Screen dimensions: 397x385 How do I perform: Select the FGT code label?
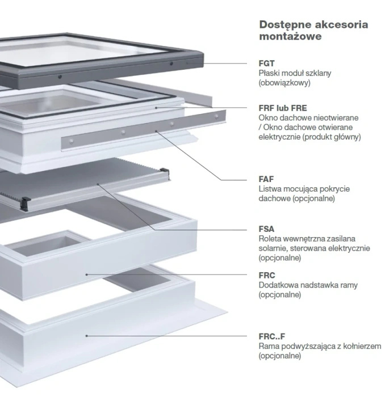(267, 64)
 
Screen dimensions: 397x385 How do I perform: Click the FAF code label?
(266, 179)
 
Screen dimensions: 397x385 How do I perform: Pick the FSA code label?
(266, 229)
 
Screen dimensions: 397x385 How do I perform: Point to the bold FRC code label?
(267, 275)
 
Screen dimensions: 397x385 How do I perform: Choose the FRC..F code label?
(271, 336)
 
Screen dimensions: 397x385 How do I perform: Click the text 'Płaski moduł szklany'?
(295, 73)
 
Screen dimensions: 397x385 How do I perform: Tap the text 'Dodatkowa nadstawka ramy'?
(308, 285)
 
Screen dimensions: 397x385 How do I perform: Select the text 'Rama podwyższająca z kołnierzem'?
(319, 346)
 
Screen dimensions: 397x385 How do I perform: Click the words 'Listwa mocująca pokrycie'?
(304, 189)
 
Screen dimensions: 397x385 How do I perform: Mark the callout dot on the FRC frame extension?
(86, 274)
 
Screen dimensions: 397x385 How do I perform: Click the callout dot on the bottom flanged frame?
(86, 336)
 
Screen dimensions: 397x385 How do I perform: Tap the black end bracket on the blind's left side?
(26, 200)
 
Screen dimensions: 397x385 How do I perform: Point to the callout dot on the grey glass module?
(187, 64)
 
